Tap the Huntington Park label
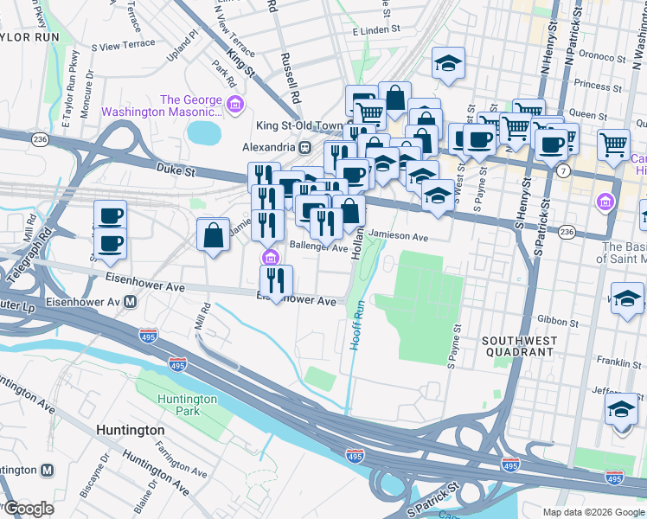[188, 405]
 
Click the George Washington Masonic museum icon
[234, 106]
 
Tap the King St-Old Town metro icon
[304, 145]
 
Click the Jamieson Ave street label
[398, 236]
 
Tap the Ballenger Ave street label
[317, 247]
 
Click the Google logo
[28, 509]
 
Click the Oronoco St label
[605, 62]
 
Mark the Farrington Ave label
[182, 462]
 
